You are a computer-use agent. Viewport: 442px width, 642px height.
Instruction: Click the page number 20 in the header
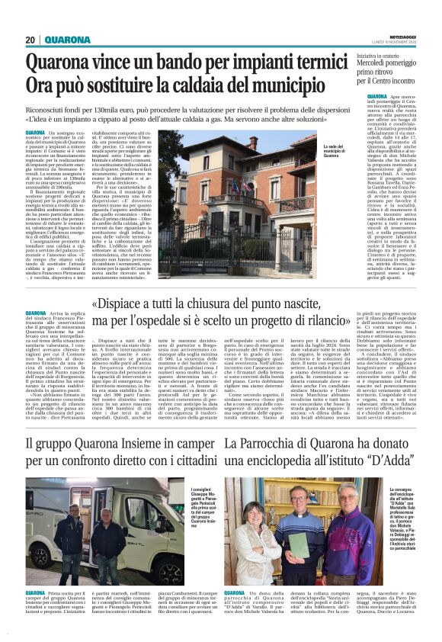pos(30,40)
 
